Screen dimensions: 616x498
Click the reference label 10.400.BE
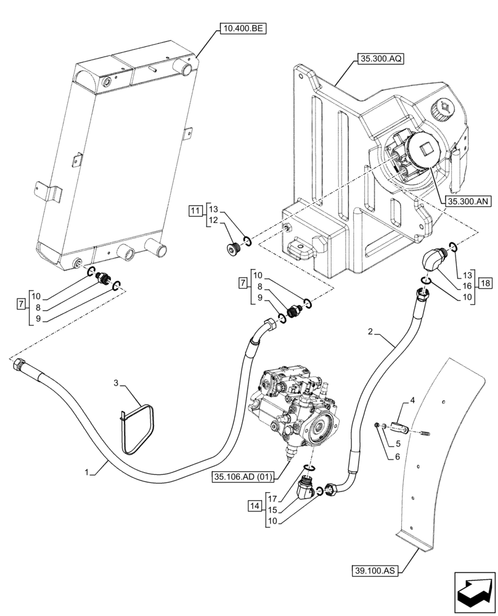[x=241, y=28]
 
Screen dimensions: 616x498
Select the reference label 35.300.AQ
[x=378, y=60]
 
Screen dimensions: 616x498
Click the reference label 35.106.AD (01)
[x=248, y=476]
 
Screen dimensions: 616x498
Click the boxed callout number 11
[x=195, y=212]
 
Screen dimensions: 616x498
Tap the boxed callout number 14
[x=254, y=506]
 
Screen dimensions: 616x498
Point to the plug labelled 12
[x=233, y=249]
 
